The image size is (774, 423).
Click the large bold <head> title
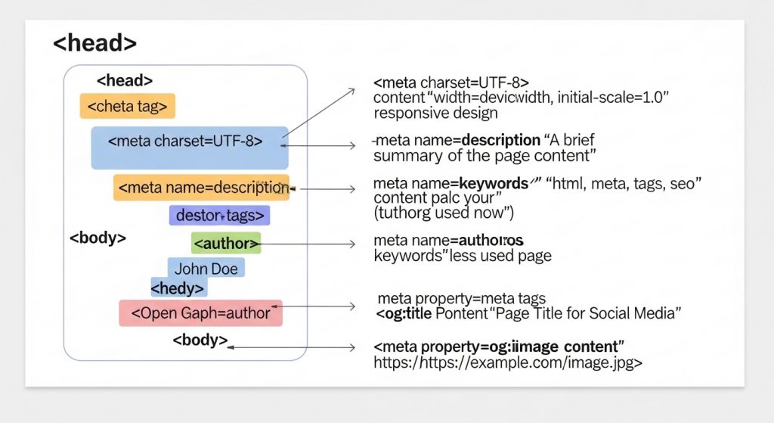coord(94,43)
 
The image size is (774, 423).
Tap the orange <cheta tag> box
coord(127,107)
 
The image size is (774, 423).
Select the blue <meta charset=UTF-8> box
coord(189,147)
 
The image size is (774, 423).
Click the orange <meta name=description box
coord(201,188)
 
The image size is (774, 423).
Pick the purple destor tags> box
coord(219,216)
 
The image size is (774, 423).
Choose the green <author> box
coord(226,243)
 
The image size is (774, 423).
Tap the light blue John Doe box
coord(206,269)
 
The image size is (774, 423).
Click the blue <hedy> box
coord(178,288)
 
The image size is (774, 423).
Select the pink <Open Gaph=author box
coord(200,313)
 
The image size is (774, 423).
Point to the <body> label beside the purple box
coord(98,237)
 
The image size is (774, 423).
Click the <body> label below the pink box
coord(200,340)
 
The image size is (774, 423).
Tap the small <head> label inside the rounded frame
coord(125,80)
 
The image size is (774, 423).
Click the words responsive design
coord(435,114)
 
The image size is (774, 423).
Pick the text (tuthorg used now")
coord(444,213)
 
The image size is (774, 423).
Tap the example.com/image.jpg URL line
coord(508,362)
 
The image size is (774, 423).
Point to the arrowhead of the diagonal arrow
coord(351,90)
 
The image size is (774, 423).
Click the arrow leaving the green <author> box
coord(310,244)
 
